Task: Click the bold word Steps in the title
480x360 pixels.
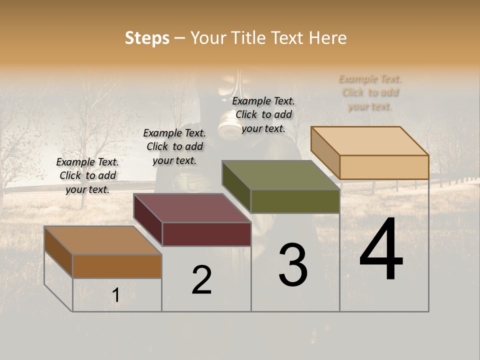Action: tap(147, 38)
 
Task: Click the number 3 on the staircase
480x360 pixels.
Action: tap(293, 265)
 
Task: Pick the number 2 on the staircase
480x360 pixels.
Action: tap(201, 279)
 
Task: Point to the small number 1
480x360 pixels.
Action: tap(115, 295)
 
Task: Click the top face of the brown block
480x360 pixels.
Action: tap(102, 240)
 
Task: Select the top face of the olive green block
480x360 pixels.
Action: tap(280, 175)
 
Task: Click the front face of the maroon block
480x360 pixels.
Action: tap(206, 234)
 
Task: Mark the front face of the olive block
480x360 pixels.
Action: tap(295, 201)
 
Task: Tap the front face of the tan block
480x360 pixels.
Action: tap(384, 167)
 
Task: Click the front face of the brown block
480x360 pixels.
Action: tap(117, 266)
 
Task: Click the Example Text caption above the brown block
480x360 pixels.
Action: tap(87, 175)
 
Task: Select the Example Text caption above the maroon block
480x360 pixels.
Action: tap(174, 146)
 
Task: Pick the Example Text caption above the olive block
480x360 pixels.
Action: tap(263, 114)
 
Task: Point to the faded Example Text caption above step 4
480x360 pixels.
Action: tap(370, 92)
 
